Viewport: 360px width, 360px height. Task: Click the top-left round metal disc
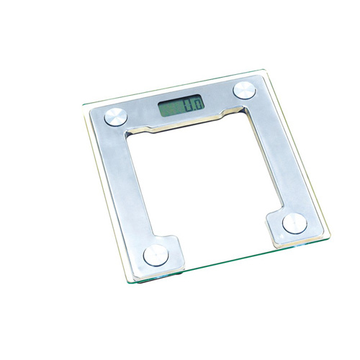point(116,117)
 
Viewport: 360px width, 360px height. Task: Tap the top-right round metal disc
point(244,90)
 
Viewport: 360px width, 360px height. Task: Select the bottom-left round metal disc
point(156,256)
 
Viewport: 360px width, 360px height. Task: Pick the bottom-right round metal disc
point(294,223)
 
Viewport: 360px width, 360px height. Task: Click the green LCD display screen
point(181,105)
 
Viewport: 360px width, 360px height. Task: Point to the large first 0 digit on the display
point(189,104)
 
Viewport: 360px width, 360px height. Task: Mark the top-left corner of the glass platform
point(83,105)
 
